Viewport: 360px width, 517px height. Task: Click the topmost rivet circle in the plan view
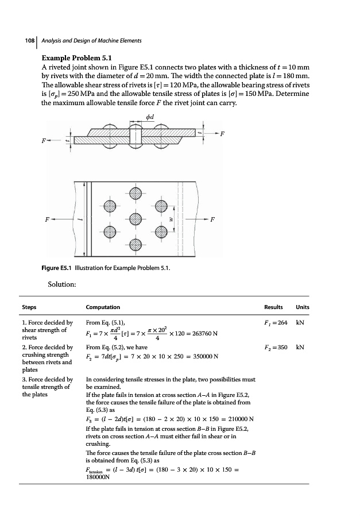(135, 193)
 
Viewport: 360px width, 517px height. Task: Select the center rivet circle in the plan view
(135, 219)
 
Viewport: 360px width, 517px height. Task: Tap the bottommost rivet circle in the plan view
(135, 245)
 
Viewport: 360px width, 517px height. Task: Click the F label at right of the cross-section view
(222, 134)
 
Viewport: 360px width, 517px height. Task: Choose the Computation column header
(103, 307)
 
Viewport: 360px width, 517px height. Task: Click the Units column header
(302, 307)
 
